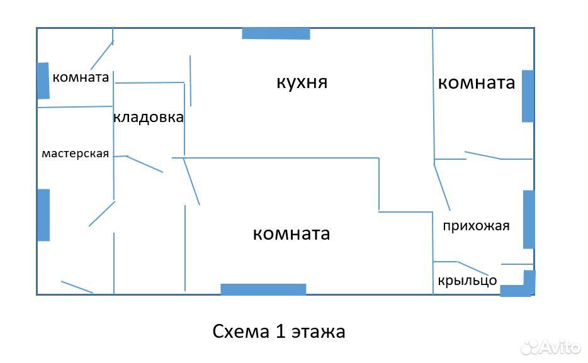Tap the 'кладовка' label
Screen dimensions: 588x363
click(x=149, y=117)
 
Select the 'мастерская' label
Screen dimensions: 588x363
click(x=75, y=154)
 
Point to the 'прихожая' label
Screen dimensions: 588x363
click(x=476, y=226)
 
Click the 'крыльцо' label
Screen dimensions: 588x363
click(x=467, y=281)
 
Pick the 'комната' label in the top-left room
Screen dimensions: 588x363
click(x=81, y=77)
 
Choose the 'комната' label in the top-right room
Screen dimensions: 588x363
click(x=476, y=83)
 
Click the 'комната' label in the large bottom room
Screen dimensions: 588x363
click(x=291, y=234)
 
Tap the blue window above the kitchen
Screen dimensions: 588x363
click(x=276, y=33)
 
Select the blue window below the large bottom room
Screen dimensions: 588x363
click(x=263, y=289)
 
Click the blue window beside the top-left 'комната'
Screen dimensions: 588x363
click(x=43, y=81)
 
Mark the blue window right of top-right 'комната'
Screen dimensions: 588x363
click(x=528, y=96)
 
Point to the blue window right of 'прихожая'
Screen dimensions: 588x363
click(x=529, y=219)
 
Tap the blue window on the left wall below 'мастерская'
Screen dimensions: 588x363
click(x=43, y=215)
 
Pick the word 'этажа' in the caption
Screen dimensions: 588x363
click(x=319, y=332)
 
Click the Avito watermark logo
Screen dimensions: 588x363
click(x=551, y=347)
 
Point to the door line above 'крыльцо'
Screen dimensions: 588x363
click(x=473, y=268)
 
